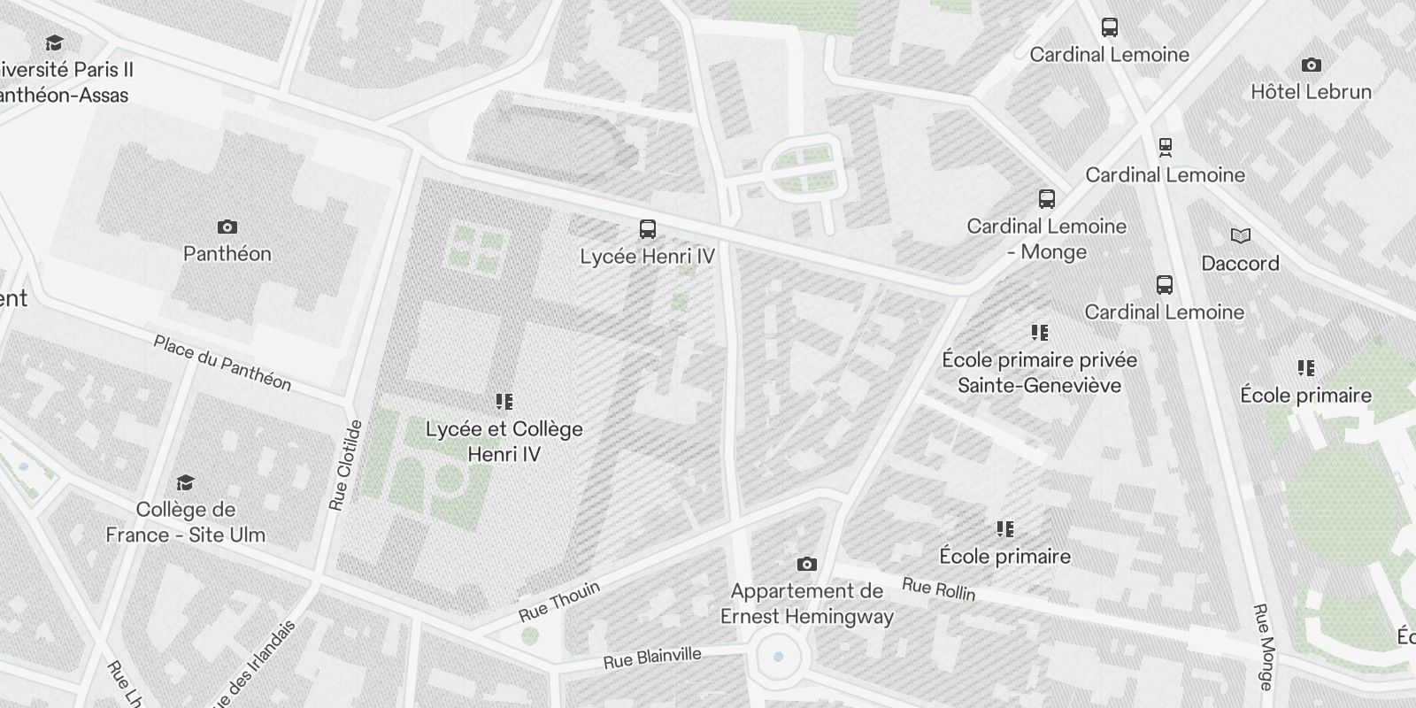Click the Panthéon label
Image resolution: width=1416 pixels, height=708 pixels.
[x=227, y=254]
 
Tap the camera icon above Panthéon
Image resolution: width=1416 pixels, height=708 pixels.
[x=227, y=227]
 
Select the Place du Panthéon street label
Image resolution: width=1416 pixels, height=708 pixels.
[x=222, y=363]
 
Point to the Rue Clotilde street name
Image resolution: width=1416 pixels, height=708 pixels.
[x=345, y=466]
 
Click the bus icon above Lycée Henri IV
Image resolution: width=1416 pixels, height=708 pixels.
[x=648, y=230]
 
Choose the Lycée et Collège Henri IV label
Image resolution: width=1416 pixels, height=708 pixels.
[x=504, y=442]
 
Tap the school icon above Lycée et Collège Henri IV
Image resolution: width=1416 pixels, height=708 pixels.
[x=504, y=403]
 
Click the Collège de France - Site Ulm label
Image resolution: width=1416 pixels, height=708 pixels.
[x=186, y=522]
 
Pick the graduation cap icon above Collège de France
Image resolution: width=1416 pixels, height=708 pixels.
[x=185, y=482]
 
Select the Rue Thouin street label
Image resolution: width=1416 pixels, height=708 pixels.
[x=559, y=601]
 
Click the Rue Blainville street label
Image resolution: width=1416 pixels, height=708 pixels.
[x=652, y=658]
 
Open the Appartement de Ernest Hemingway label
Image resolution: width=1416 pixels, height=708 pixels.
[x=807, y=604]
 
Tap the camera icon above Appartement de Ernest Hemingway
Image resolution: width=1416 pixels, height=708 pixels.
[x=806, y=564]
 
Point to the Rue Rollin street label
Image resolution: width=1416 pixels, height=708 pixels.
[x=938, y=589]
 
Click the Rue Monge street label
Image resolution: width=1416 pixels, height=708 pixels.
[x=1263, y=647]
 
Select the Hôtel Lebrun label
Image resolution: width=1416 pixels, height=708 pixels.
[x=1311, y=91]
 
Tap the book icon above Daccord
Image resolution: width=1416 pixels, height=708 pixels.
[x=1241, y=235]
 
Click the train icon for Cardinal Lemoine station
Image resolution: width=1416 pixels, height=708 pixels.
[x=1165, y=147]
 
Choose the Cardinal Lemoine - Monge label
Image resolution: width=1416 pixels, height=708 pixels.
[x=1047, y=239]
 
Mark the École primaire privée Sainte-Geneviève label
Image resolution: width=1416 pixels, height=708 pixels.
[x=1040, y=373]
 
